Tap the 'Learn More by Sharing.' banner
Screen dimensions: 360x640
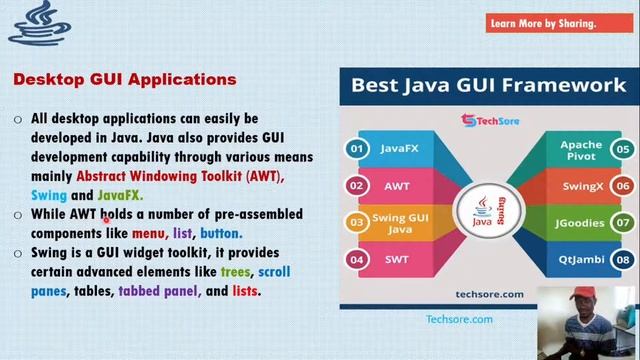(x=542, y=24)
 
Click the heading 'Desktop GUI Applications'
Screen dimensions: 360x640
(x=125, y=78)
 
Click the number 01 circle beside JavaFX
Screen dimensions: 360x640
(x=355, y=149)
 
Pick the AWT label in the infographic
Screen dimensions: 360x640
(x=397, y=186)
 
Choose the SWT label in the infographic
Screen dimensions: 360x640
(x=397, y=260)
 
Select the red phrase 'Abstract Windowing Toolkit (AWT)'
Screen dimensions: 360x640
(x=180, y=176)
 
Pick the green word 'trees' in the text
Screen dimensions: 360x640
(x=236, y=272)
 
